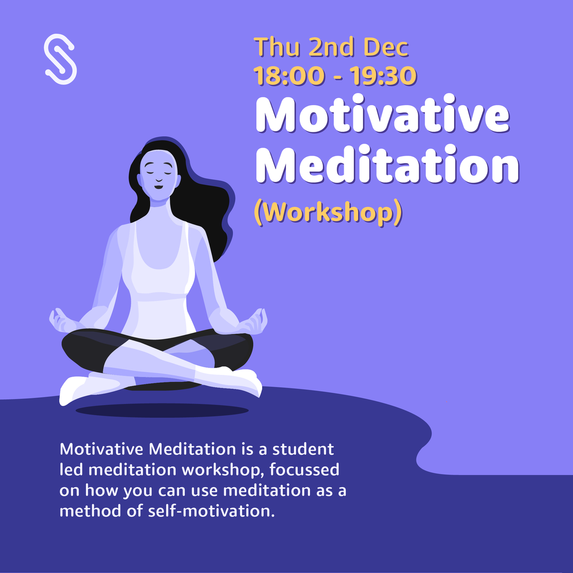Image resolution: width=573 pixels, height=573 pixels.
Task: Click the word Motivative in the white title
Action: click(x=382, y=116)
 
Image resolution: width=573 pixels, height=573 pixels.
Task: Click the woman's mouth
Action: click(x=158, y=186)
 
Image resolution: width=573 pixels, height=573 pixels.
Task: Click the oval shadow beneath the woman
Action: click(x=162, y=410)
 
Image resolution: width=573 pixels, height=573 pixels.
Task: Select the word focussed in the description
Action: click(x=304, y=470)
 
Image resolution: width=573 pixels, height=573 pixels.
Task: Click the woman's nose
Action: click(x=158, y=177)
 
